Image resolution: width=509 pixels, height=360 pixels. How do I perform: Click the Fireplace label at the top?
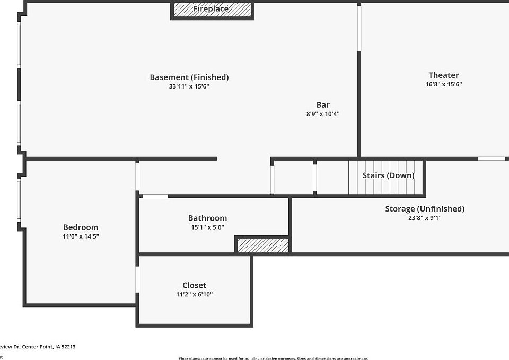click(x=211, y=9)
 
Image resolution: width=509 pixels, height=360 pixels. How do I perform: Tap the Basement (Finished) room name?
click(x=189, y=77)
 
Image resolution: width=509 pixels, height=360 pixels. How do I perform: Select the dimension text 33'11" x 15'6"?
click(x=189, y=86)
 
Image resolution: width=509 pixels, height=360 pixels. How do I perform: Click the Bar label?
click(x=323, y=105)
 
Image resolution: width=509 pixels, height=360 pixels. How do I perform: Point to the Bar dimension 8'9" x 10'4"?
click(x=323, y=114)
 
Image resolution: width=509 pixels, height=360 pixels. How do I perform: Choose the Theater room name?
click(x=444, y=75)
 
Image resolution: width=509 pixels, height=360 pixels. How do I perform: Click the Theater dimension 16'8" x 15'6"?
click(x=444, y=84)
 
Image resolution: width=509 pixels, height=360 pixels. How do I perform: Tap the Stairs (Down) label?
click(x=389, y=175)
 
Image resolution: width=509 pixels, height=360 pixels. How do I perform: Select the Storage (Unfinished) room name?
click(x=425, y=209)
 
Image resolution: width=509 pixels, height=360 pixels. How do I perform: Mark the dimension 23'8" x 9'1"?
click(x=425, y=218)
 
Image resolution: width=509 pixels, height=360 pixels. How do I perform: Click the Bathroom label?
click(x=207, y=218)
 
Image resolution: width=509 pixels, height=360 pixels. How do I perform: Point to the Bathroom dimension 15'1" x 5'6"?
click(x=207, y=227)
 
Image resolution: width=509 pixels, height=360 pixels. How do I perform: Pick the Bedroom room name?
click(x=81, y=227)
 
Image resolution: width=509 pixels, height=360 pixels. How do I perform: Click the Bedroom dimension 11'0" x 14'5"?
click(x=81, y=236)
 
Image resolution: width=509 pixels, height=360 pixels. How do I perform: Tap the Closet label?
click(x=195, y=285)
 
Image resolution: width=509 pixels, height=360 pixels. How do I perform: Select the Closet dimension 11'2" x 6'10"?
click(x=195, y=294)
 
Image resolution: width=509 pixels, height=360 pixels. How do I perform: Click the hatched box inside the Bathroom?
click(x=263, y=245)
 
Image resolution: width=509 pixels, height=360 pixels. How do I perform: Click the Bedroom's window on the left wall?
click(x=20, y=200)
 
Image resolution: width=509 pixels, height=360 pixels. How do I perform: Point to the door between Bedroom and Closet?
click(x=137, y=279)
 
